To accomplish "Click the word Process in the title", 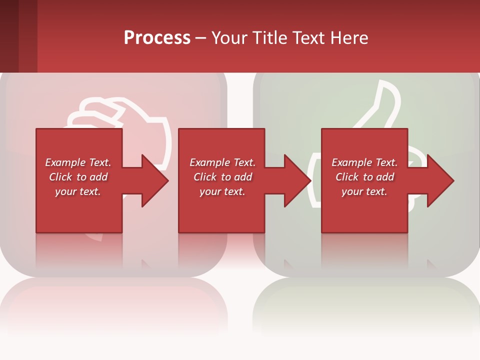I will tap(157, 38).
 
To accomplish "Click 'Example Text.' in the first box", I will tap(78, 162).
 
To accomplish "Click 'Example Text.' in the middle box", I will tap(222, 162).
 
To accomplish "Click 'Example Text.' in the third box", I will tap(364, 162).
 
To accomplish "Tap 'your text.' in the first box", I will tap(78, 191).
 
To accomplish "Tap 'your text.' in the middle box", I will tap(222, 191).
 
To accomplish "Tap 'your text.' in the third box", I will tap(364, 191).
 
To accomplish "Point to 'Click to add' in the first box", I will tap(78, 177).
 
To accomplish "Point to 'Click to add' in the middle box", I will tap(222, 177).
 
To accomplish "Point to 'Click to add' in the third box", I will tap(364, 177).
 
